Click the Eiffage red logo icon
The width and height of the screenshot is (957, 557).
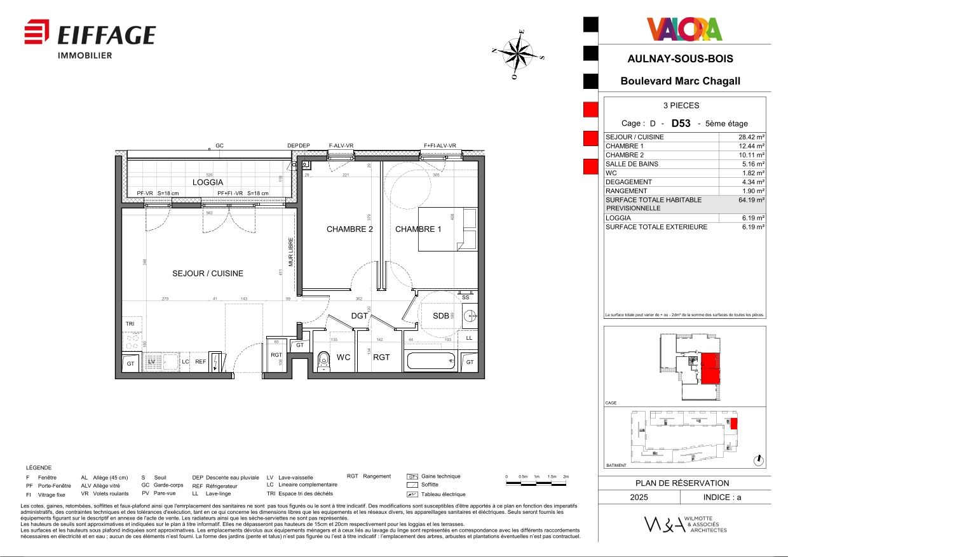pos(37,32)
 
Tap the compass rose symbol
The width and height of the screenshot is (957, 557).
pos(519,54)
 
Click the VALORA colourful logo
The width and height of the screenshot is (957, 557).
pos(684,29)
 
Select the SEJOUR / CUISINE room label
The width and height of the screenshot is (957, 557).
pos(208,274)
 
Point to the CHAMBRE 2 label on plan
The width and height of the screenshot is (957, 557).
pos(350,229)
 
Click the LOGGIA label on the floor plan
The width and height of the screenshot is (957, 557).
pos(208,182)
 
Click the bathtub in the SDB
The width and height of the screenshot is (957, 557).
pos(431,361)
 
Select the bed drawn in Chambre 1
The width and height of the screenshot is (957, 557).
pos(447,229)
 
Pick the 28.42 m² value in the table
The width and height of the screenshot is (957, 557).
pos(751,137)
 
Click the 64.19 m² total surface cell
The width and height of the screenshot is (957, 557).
pos(751,200)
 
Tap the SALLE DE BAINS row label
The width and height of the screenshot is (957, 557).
pos(632,164)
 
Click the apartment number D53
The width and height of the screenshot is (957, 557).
pos(681,123)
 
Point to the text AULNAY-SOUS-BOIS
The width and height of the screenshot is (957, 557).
pos(680,58)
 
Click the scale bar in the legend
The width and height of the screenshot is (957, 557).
pos(536,483)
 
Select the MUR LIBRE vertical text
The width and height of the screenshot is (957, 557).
pos(291,252)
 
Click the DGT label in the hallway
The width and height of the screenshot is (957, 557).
pos(360,316)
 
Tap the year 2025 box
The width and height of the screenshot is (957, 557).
pos(639,497)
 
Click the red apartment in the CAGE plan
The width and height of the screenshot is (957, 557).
pos(710,368)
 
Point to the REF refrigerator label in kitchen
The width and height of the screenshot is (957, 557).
pos(200,362)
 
